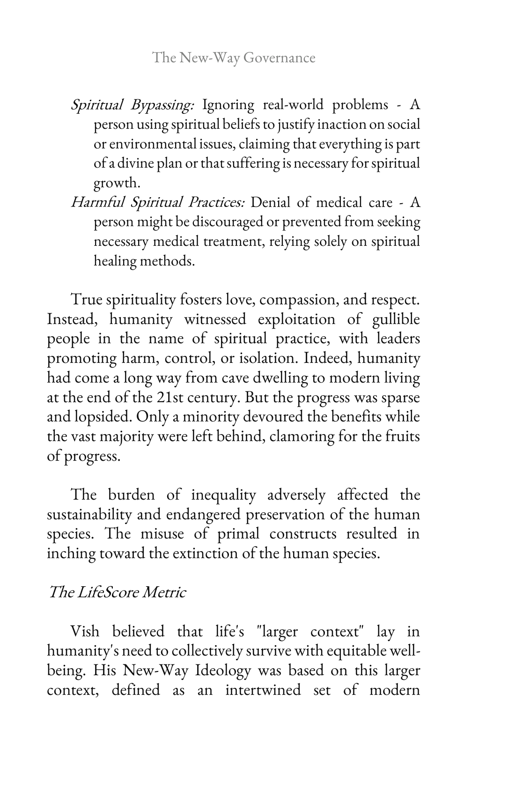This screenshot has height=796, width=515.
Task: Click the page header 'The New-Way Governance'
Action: [234, 58]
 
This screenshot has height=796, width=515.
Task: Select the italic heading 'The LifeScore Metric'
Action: [117, 592]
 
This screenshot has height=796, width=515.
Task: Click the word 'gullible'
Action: [396, 319]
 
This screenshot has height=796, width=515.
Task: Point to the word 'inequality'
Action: [223, 495]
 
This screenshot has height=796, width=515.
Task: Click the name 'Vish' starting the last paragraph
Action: [85, 631]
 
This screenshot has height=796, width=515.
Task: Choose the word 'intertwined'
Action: [263, 690]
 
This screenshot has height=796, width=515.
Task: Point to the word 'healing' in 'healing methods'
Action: [113, 261]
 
